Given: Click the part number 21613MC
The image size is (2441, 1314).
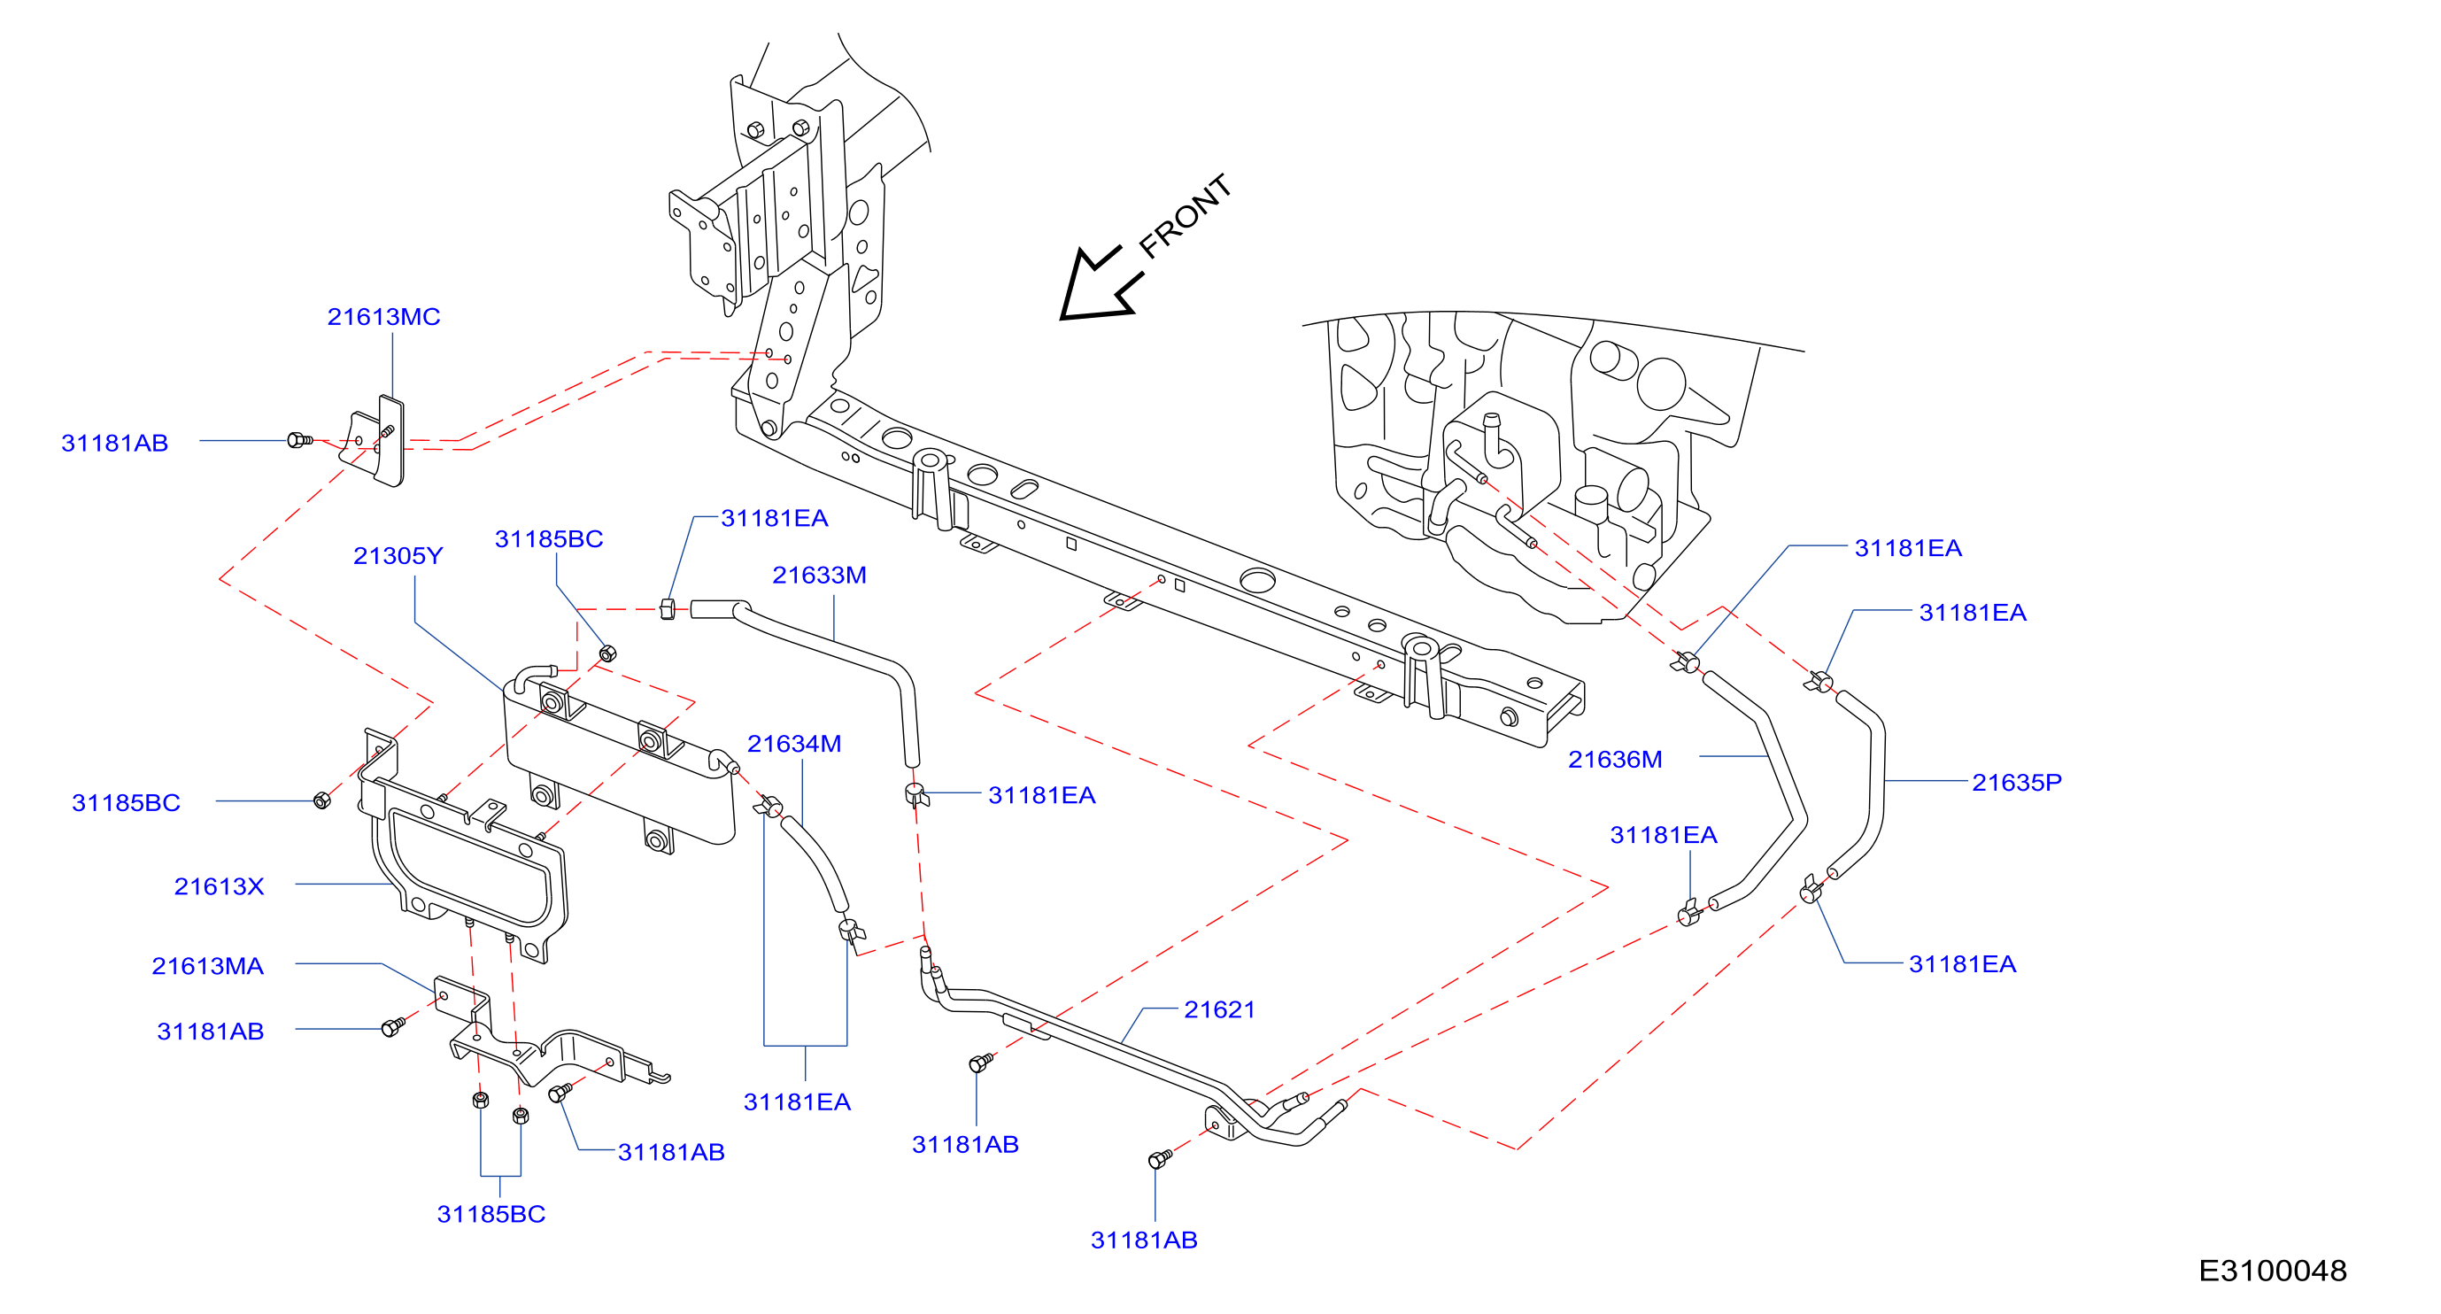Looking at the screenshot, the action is tap(383, 316).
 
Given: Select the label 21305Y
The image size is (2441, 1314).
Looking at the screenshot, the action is tap(398, 555).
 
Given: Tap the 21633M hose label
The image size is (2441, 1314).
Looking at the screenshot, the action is tap(820, 575).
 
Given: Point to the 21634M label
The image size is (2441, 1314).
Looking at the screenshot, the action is tap(794, 744).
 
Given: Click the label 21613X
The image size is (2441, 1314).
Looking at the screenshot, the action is tap(219, 886).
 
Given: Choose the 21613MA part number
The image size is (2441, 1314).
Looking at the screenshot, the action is tap(207, 966).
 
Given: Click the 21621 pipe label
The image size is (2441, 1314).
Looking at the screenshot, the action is tap(1219, 1010).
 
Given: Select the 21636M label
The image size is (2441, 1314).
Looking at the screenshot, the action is tap(1616, 760).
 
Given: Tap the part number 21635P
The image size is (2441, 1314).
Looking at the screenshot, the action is tap(2017, 783).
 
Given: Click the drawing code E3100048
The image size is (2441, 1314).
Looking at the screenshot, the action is tap(2272, 1271).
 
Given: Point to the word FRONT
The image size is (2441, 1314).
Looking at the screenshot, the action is tap(1186, 216).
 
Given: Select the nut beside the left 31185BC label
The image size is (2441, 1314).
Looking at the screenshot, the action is tap(322, 800).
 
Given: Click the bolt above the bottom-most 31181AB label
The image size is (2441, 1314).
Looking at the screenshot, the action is tap(1160, 1159).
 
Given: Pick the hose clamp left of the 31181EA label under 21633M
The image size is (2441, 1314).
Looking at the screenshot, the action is tap(915, 794).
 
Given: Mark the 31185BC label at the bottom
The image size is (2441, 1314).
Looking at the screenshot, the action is tap(491, 1215).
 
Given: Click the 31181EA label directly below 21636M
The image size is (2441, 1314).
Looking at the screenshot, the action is tap(1664, 836).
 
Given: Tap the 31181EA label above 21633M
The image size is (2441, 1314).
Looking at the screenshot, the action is tap(775, 518).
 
